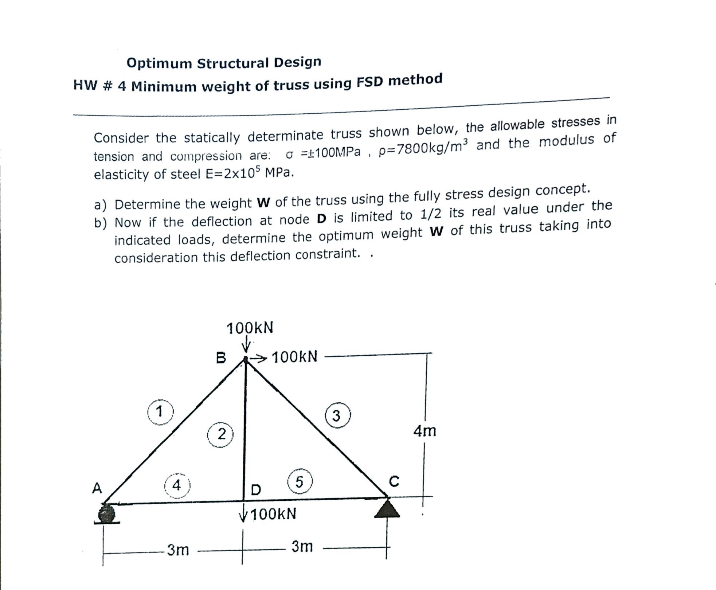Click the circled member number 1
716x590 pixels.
click(160, 412)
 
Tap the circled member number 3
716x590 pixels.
click(337, 415)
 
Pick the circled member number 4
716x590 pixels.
click(177, 486)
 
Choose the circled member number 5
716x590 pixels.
click(299, 482)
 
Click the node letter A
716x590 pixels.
click(97, 488)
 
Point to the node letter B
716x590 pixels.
click(221, 358)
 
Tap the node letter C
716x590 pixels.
click(394, 481)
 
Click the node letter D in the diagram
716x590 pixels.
click(256, 490)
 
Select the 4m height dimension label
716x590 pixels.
click(424, 431)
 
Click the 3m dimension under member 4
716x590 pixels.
click(178, 550)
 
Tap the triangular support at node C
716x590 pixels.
click(387, 509)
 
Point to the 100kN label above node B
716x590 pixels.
click(250, 328)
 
